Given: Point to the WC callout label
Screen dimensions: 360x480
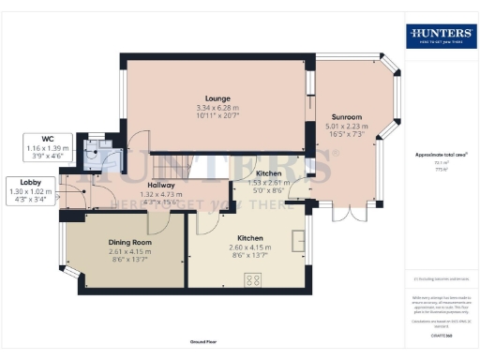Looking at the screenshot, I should point(35,140).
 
